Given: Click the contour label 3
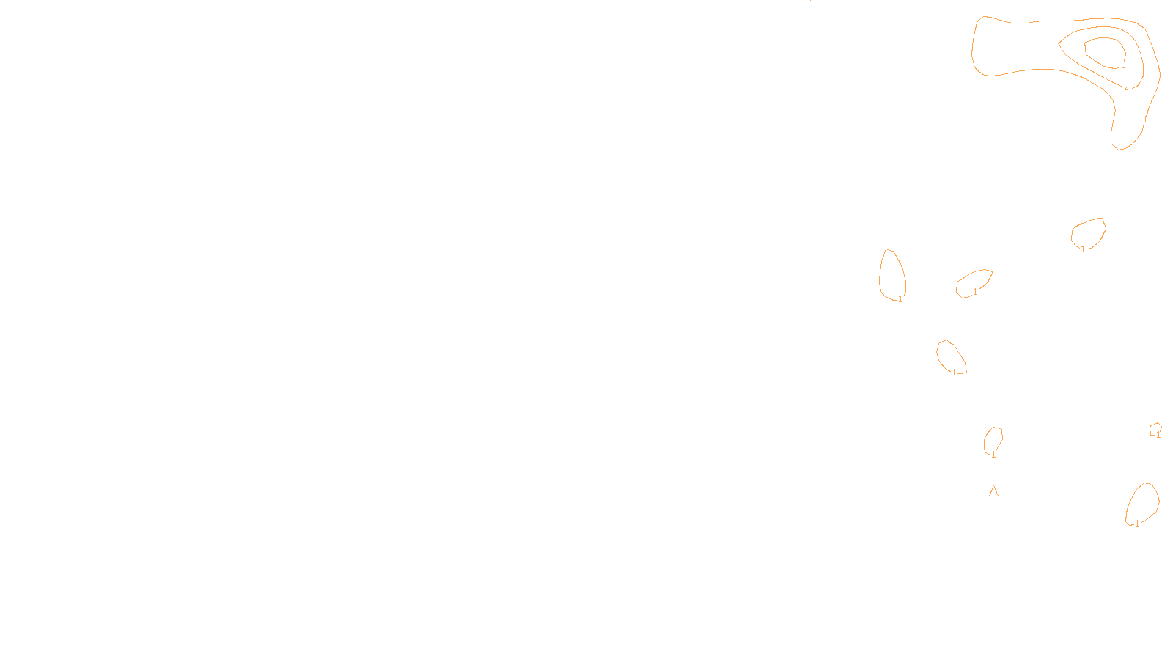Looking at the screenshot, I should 1123,65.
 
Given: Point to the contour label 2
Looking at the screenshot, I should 1127,87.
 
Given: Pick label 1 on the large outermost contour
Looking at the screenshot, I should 1145,119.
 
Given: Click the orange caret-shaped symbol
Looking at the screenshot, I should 993,491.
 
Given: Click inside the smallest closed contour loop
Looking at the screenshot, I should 1155,428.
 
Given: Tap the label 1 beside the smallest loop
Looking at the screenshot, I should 1158,435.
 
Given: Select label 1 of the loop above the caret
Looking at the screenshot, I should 993,455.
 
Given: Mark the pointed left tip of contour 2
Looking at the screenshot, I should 1059,44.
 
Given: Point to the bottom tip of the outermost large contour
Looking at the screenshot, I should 1118,149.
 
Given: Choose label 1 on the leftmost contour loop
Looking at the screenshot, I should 900,299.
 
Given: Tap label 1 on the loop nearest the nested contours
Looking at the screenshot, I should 1083,249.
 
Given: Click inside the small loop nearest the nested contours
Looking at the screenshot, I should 1089,233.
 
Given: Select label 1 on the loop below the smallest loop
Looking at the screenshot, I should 1137,524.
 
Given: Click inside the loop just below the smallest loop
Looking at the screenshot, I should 1143,503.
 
